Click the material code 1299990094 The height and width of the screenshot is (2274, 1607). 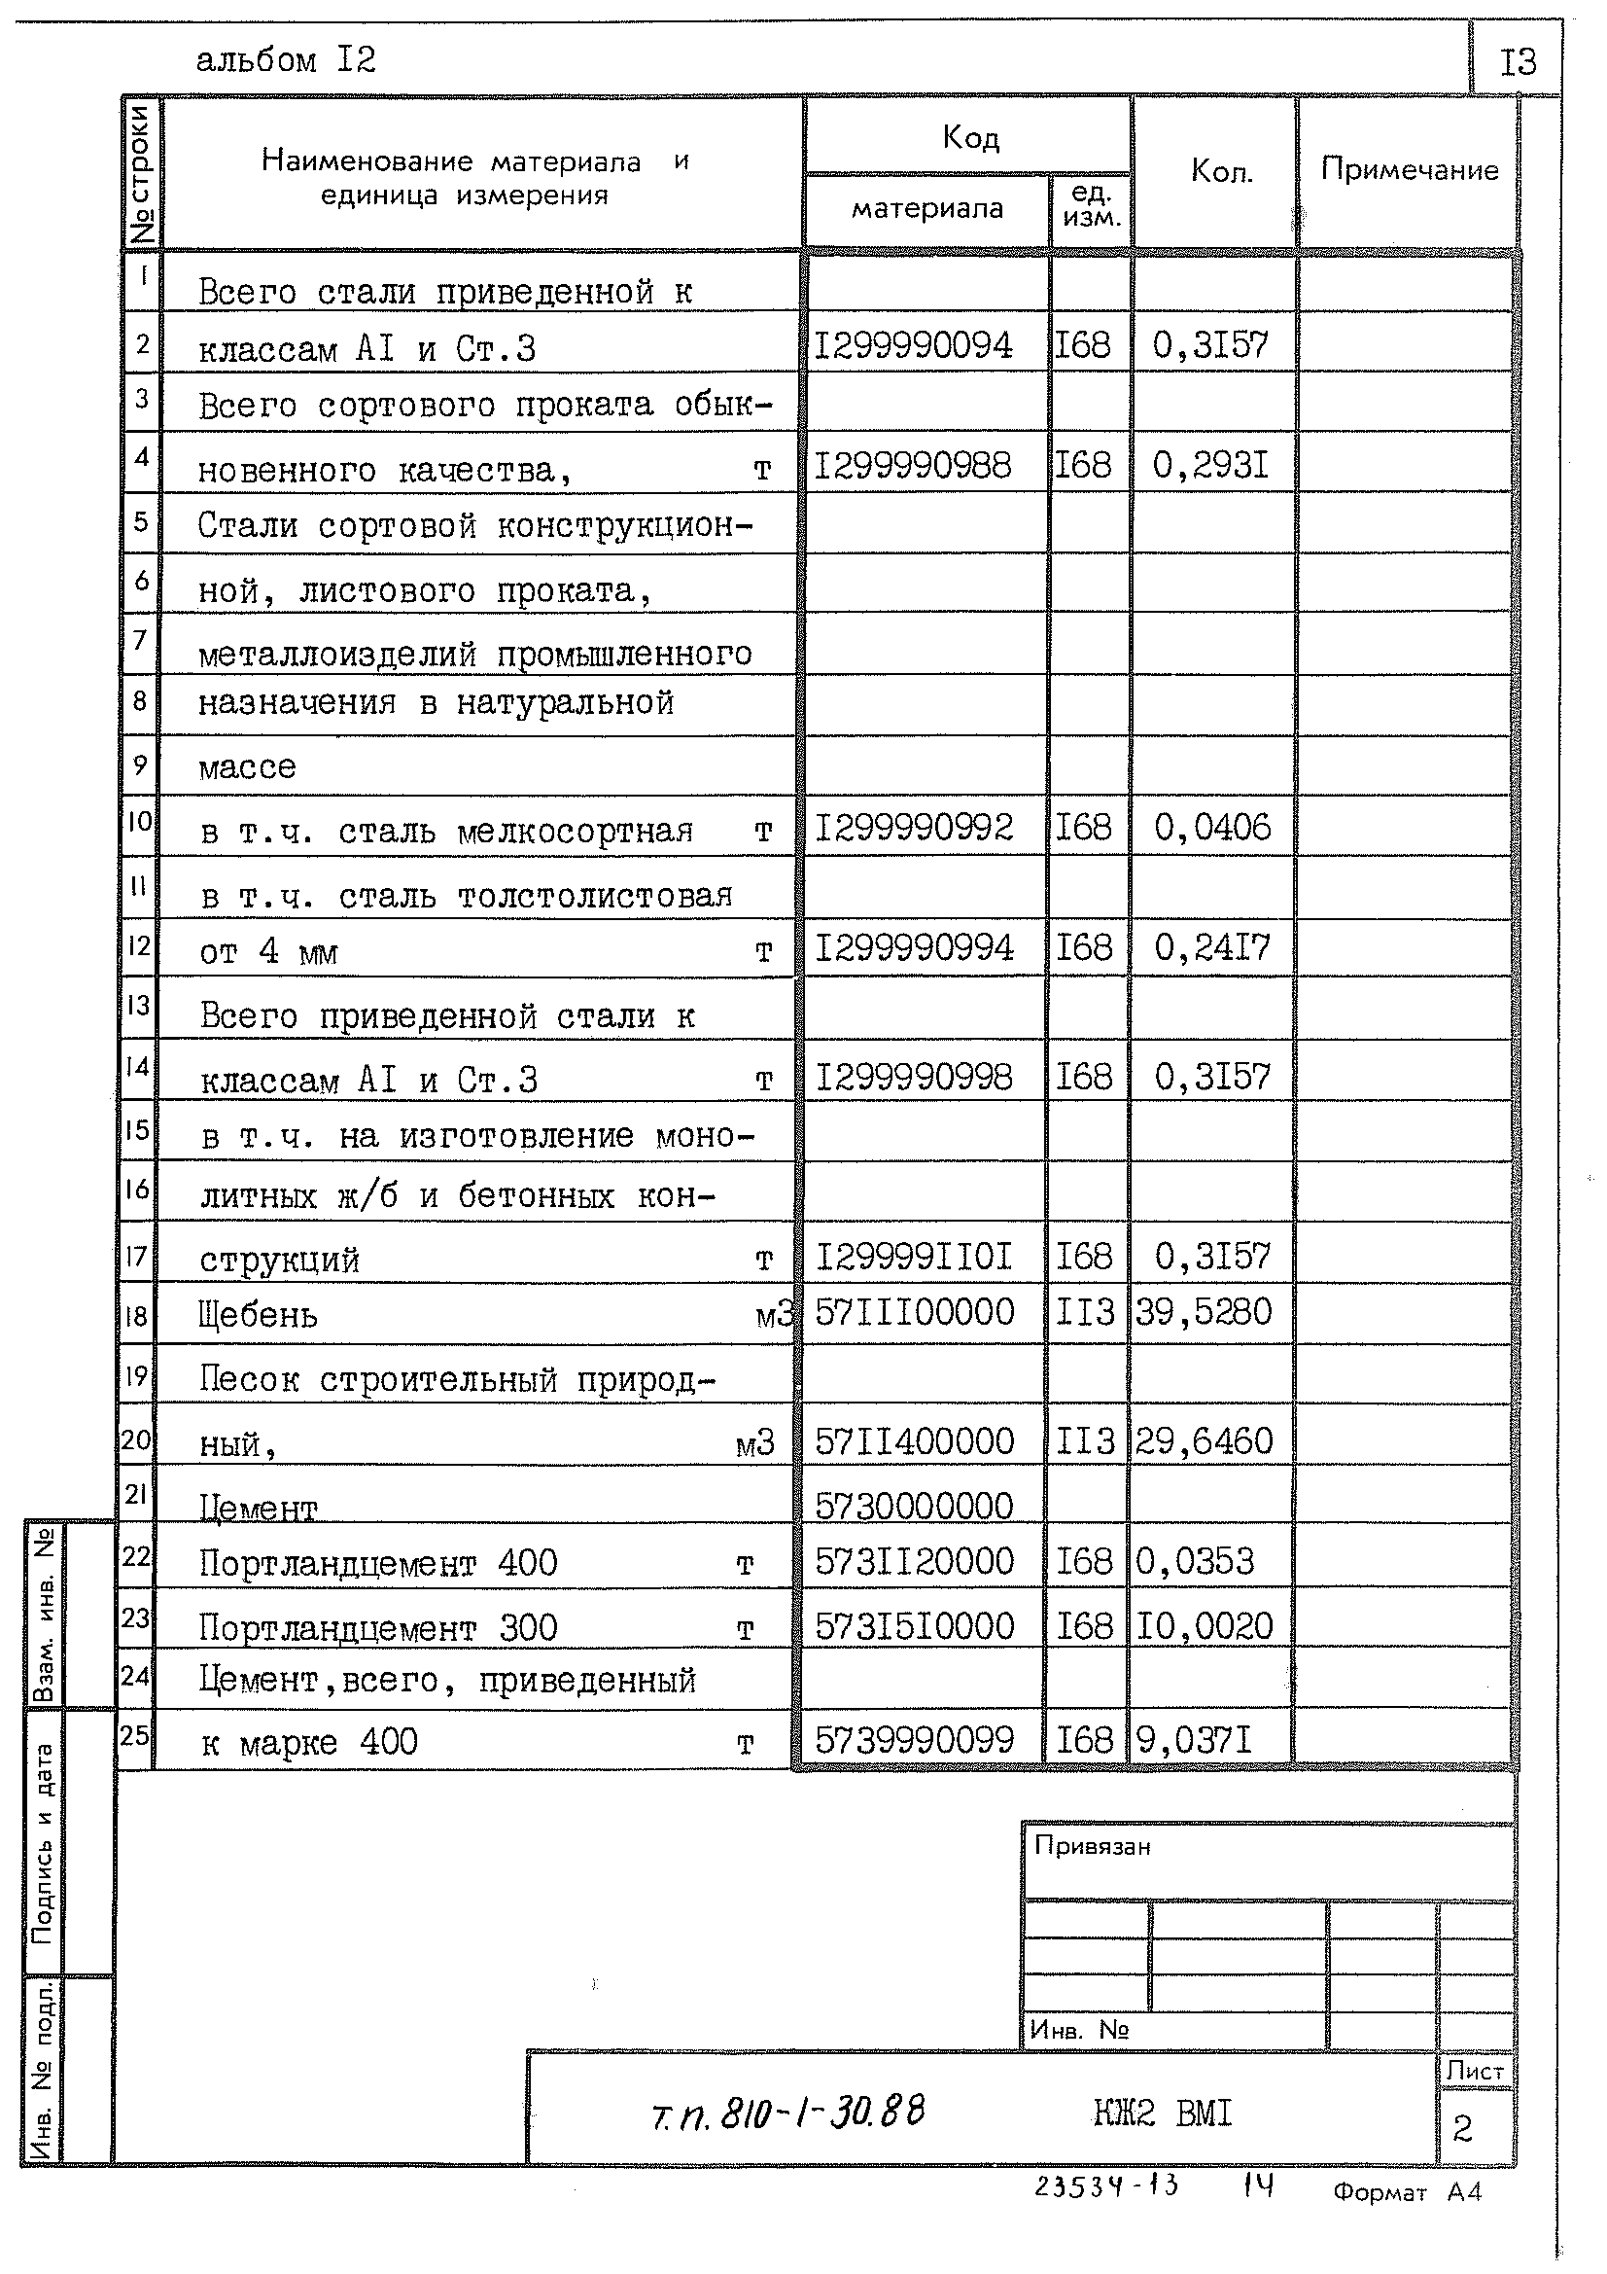point(912,345)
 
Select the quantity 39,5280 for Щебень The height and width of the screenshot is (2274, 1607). point(1203,1312)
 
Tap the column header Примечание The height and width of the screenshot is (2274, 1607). point(1409,170)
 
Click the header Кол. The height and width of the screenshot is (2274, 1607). point(1221,172)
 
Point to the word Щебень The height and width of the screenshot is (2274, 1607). point(259,1316)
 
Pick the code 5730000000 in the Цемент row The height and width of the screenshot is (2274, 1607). point(914,1507)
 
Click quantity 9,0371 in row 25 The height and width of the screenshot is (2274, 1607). point(1194,1740)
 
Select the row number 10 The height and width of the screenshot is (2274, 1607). point(139,821)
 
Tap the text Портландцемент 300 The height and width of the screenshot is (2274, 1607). point(378,1627)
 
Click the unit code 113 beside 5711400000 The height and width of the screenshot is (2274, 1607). point(1085,1441)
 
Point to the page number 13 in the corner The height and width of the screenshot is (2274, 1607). point(1517,62)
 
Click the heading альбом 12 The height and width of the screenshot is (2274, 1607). point(285,61)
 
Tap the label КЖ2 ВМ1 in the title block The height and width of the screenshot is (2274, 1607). point(1163,2114)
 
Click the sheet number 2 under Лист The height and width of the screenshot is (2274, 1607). point(1462,2128)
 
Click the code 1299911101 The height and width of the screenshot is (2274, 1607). point(913,1257)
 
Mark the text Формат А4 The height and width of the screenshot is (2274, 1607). point(1407,2191)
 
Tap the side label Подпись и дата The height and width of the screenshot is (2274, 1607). point(42,1843)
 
